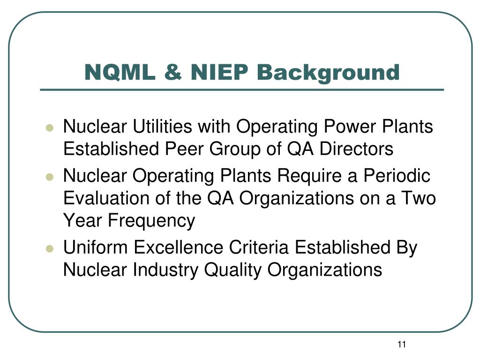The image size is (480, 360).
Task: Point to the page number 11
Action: click(401, 345)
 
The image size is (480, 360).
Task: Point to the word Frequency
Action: click(151, 221)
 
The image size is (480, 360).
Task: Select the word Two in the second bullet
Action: click(419, 198)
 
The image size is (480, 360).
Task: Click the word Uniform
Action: click(94, 248)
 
